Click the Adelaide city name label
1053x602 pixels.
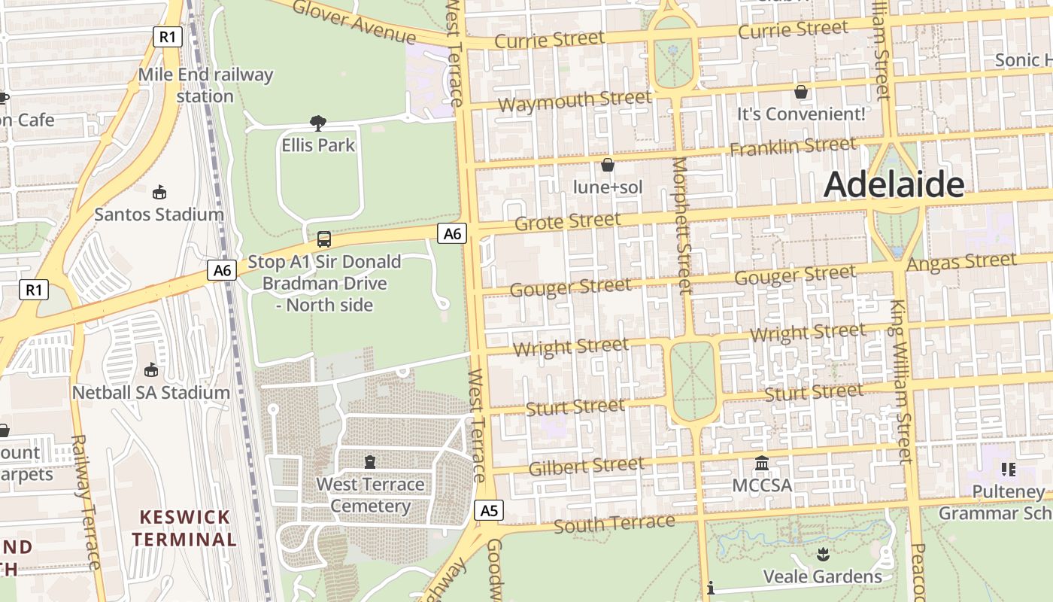pos(894,184)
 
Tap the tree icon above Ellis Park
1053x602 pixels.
pos(318,123)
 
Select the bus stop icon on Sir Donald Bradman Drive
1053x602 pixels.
pos(324,239)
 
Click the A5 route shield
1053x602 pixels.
pos(489,511)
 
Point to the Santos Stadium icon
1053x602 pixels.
pos(159,193)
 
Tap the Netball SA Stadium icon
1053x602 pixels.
pos(151,370)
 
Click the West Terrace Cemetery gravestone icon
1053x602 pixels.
pos(369,461)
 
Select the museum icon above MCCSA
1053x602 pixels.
pos(762,464)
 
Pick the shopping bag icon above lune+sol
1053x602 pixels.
pos(607,165)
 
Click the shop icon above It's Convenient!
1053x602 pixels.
pos(801,92)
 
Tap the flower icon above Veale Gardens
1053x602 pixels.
pos(822,555)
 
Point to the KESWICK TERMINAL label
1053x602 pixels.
pos(184,528)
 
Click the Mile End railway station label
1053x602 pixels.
pos(205,85)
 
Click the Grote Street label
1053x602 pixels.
pos(568,221)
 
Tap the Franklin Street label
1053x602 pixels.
pos(793,146)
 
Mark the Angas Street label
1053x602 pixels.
pos(961,262)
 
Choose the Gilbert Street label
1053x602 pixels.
pos(586,467)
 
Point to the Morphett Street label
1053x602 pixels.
pos(681,226)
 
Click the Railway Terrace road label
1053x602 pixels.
pos(85,501)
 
